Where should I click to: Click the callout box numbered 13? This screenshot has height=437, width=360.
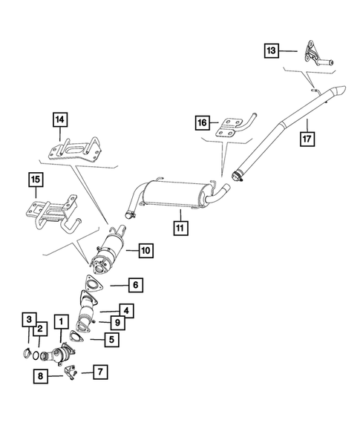[272, 50]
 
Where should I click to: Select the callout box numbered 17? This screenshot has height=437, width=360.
[307, 139]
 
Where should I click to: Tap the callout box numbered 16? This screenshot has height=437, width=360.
[202, 122]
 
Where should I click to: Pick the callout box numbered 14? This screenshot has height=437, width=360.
[60, 120]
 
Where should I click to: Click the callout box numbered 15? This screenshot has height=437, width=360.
[36, 180]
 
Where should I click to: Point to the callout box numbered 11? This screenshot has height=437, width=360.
[180, 228]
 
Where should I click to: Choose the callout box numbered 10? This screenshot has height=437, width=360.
[146, 251]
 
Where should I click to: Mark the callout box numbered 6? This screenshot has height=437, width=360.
[136, 285]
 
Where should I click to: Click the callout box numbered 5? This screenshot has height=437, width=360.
[112, 340]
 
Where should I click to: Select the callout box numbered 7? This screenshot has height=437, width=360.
[100, 372]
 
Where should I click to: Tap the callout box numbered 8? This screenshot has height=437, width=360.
[40, 376]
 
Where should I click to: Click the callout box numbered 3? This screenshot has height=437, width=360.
[29, 319]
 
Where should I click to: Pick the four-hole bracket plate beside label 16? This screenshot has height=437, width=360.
[229, 128]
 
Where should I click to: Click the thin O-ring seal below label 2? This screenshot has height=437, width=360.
[36, 355]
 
